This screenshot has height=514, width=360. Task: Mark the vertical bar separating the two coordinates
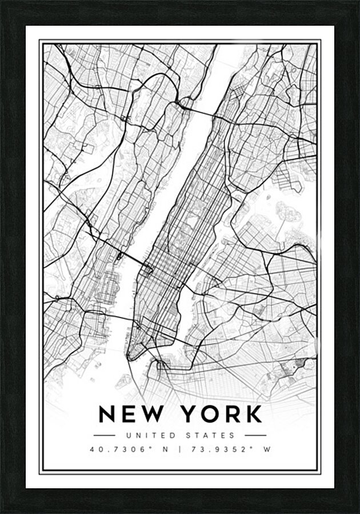[180, 449]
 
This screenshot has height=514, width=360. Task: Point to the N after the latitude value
[165, 449]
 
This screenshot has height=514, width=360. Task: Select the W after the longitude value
[266, 449]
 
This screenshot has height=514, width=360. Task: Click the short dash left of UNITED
[111, 435]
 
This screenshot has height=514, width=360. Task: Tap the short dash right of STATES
[251, 435]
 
